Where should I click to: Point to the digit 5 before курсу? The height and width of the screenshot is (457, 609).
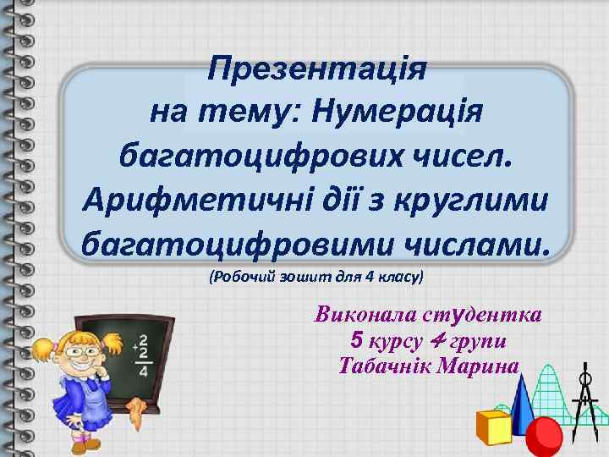click(x=356, y=341)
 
